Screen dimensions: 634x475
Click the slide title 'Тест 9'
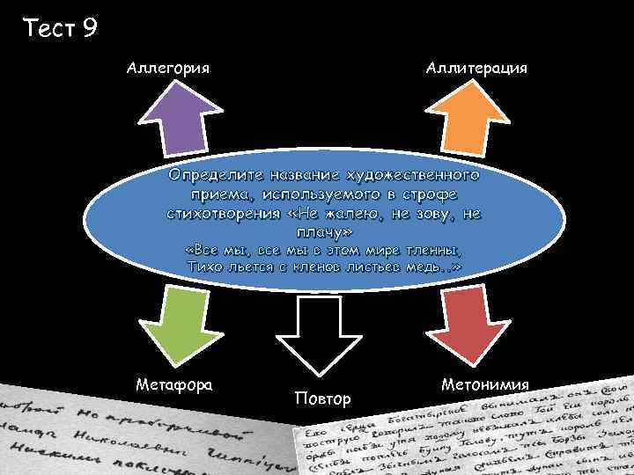click(x=61, y=28)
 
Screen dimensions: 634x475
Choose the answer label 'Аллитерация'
click(x=476, y=67)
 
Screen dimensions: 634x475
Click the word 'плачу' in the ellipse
click(x=320, y=231)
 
